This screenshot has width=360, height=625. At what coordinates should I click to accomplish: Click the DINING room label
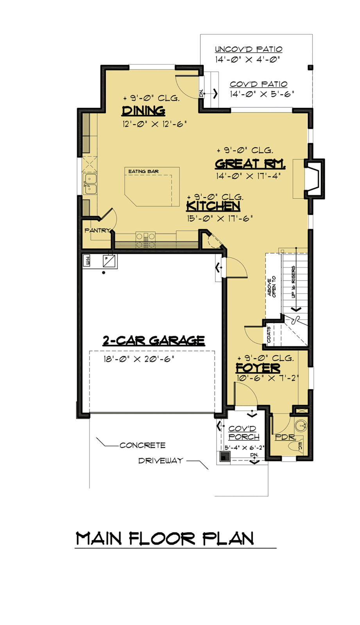[143, 111]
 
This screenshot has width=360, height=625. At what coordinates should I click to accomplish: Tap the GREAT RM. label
[250, 164]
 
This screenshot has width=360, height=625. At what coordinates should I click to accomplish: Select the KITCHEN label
[213, 206]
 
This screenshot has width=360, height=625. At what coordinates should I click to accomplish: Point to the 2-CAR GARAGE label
[154, 341]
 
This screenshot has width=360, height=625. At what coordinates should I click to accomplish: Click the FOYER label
[258, 368]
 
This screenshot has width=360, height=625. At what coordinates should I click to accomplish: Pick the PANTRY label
[97, 230]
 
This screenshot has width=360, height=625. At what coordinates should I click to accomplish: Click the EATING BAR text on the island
[143, 171]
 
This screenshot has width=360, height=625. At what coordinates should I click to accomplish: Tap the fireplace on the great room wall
[315, 179]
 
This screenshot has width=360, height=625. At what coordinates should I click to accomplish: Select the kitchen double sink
[90, 184]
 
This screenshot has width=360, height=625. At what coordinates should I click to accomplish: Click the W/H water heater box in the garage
[86, 261]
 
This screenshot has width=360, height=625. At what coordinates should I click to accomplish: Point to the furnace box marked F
[109, 261]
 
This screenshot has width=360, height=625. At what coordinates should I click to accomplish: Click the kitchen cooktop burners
[145, 240]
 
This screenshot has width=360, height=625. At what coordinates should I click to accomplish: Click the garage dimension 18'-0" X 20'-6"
[139, 359]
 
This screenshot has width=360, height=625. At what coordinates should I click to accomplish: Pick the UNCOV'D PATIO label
[249, 49]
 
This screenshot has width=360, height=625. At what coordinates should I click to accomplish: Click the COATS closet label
[269, 334]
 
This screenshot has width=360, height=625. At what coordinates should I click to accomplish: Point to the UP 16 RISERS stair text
[293, 282]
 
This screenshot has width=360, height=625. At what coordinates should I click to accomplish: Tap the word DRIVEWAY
[161, 461]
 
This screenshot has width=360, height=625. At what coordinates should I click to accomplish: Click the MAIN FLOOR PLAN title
[165, 539]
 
